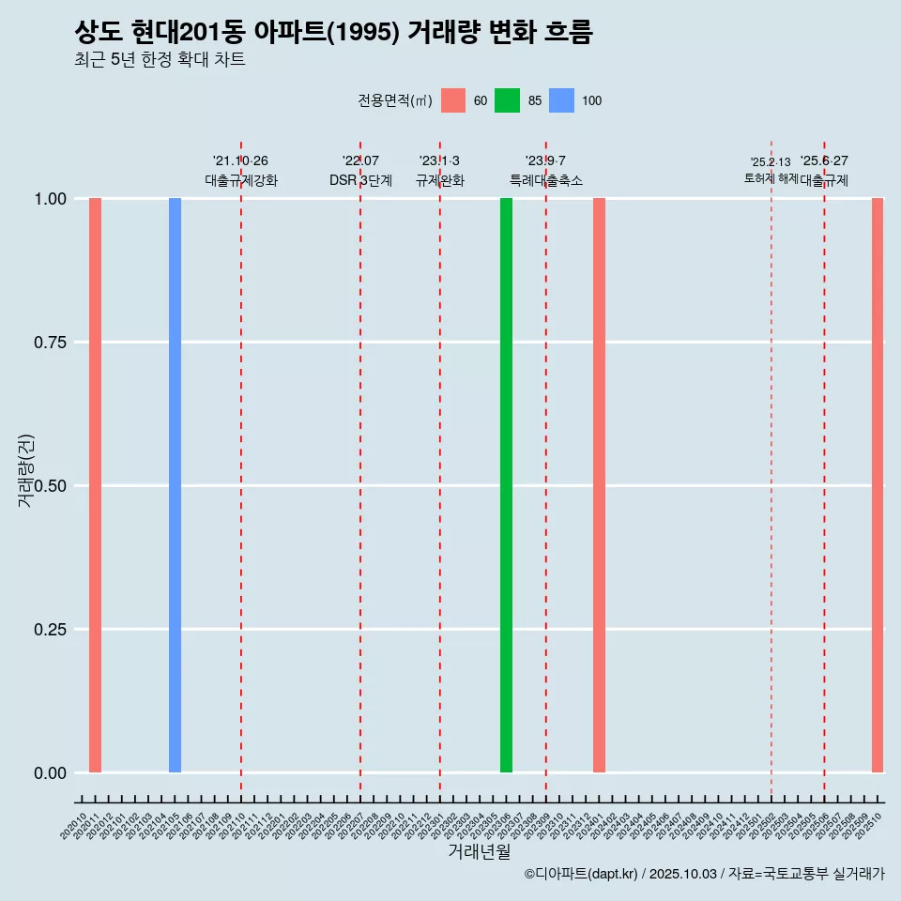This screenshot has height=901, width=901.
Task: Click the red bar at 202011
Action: (x=95, y=485)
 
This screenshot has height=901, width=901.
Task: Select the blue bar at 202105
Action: (x=175, y=485)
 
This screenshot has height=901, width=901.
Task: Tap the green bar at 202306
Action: (x=506, y=485)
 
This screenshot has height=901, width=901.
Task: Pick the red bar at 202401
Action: (x=599, y=485)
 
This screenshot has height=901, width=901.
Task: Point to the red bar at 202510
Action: (x=878, y=485)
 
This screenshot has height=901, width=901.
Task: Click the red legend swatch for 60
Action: (x=453, y=100)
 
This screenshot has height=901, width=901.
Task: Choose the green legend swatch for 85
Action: (x=508, y=100)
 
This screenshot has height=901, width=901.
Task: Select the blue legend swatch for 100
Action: (x=561, y=100)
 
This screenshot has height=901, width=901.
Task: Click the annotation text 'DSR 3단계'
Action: (x=360, y=180)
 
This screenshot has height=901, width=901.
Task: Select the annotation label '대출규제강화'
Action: (x=241, y=180)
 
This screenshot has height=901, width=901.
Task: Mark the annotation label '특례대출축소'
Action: (x=546, y=180)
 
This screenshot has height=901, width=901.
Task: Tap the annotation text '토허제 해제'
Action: (x=771, y=178)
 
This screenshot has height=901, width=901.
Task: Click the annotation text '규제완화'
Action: (x=440, y=180)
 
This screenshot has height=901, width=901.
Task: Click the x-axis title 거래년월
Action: (x=479, y=852)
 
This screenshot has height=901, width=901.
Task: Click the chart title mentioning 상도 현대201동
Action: (x=333, y=33)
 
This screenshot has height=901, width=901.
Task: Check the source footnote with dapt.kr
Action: (x=704, y=874)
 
